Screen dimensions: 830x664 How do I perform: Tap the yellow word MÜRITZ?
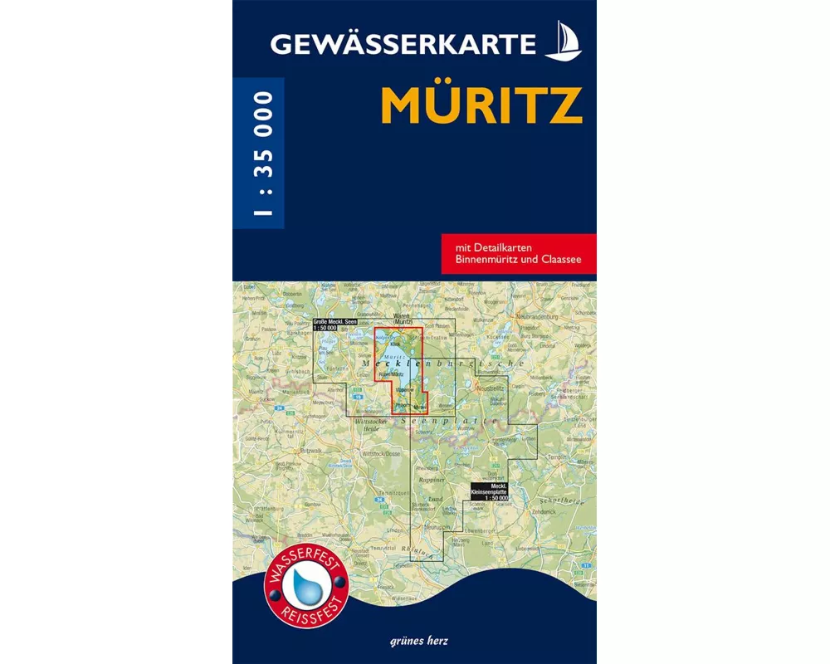click(x=481, y=105)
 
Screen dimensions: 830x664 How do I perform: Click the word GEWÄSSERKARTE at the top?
click(x=403, y=43)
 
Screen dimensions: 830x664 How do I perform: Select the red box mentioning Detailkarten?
click(x=519, y=253)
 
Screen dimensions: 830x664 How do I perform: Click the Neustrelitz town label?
click(x=495, y=388)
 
